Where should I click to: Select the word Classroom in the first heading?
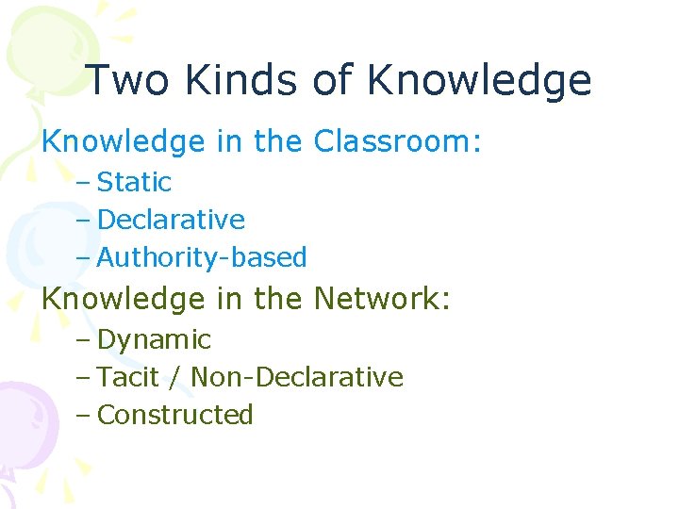tap(393, 141)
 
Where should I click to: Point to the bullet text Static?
tap(134, 182)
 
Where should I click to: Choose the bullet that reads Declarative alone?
tap(171, 220)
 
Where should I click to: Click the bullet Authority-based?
tap(202, 257)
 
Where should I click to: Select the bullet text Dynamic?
tap(154, 339)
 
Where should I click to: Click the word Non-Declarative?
tap(297, 377)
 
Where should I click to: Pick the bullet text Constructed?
tap(175, 415)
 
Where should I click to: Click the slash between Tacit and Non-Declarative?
tap(176, 377)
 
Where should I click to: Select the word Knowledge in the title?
tap(479, 81)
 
